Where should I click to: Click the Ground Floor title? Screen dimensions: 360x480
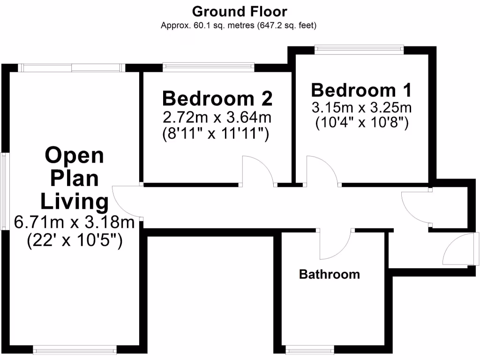coord(240,11)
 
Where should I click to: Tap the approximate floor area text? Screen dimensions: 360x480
coord(239,25)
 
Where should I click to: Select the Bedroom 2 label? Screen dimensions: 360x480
coord(217,98)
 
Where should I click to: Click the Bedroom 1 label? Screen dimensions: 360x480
coord(361,90)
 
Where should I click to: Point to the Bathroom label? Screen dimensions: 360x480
coord(330,274)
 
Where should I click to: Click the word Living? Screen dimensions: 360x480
coord(75,202)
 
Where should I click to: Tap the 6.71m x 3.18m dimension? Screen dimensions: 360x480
coord(75,222)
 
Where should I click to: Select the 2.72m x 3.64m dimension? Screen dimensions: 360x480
coord(217,116)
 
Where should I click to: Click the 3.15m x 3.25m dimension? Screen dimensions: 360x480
coord(361,107)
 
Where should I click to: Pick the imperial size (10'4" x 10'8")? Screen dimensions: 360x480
coord(361,123)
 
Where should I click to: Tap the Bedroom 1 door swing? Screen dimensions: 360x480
coord(322,172)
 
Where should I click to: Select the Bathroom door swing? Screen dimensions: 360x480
coord(336,244)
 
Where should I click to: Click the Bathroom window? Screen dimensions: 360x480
coord(309,350)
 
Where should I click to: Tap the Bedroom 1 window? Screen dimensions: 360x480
coord(359,47)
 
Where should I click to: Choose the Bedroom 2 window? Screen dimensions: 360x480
coord(209,67)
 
